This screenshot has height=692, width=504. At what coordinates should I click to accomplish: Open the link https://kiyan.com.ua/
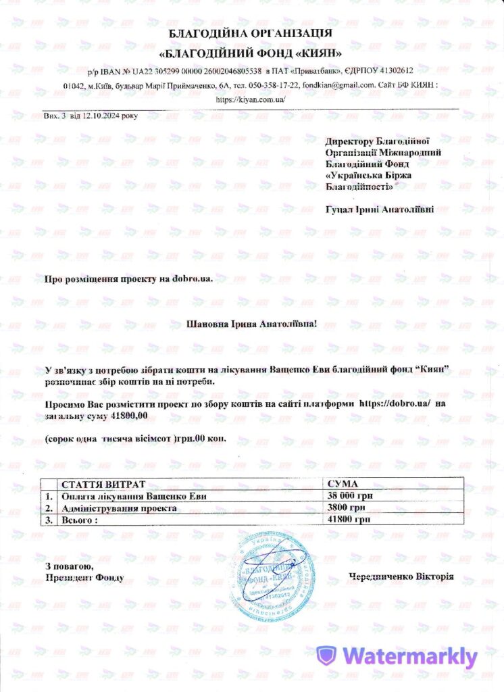251,99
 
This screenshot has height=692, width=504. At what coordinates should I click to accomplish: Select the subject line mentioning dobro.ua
124,278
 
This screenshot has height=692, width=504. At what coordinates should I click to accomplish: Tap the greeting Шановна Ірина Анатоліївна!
251,324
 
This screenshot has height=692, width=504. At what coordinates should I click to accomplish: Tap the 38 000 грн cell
348,497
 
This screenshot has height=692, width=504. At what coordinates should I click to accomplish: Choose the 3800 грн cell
345,508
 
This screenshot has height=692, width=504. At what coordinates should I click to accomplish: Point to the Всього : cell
80,520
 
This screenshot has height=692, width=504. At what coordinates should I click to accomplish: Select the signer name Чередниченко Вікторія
401,577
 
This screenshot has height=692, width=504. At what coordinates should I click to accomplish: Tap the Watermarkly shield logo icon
327,656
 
